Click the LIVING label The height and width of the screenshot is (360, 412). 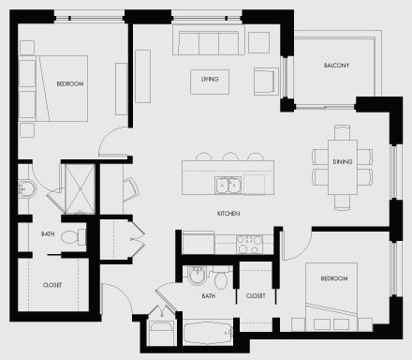click(209, 79)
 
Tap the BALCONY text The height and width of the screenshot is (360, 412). click(337, 65)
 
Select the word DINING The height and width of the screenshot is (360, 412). click(342, 161)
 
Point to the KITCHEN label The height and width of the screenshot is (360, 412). click(228, 214)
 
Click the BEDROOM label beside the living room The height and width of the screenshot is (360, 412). click(69, 84)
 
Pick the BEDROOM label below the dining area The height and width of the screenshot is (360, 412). click(334, 278)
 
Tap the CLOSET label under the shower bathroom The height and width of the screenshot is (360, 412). click(51, 284)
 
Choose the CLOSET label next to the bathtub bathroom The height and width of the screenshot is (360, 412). click(255, 295)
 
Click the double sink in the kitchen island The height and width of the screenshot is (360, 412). click(227, 185)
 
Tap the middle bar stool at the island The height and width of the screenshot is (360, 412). click(228, 157)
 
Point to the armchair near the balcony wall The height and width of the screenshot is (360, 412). click(265, 82)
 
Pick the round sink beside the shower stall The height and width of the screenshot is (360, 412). click(26, 189)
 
